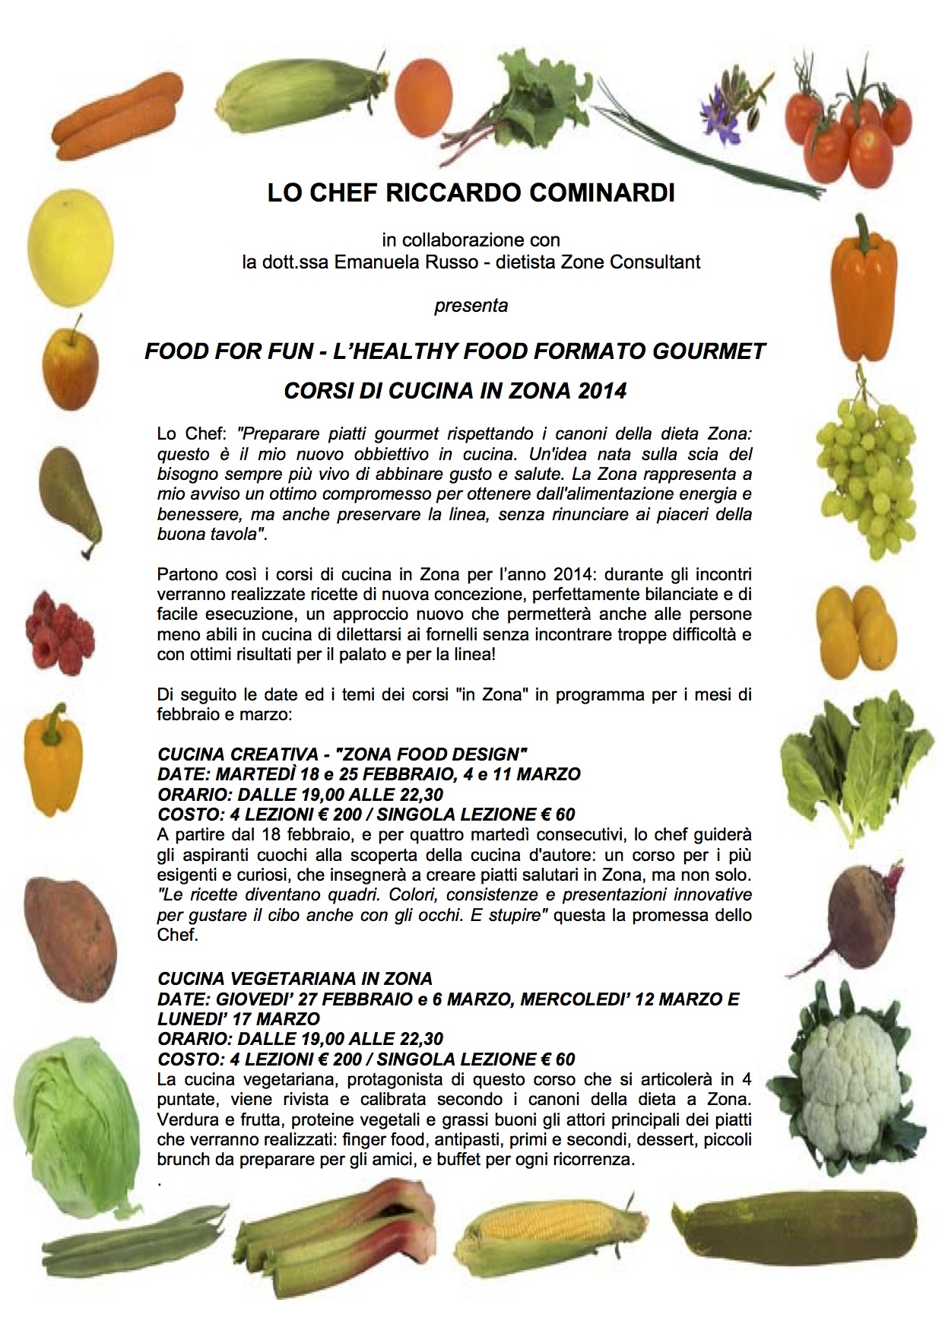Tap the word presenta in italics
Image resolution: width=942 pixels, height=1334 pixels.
471,306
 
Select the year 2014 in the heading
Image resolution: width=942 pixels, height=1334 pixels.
602,391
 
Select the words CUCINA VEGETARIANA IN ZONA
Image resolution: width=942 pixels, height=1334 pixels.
295,978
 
